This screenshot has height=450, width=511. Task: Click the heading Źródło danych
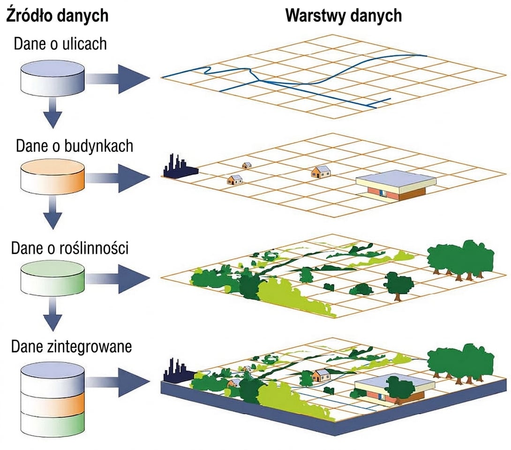[x=57, y=15]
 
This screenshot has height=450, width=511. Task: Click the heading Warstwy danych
[x=344, y=15]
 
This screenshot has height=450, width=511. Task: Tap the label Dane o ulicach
[x=60, y=44]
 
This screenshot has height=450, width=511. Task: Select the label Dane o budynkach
[x=74, y=146]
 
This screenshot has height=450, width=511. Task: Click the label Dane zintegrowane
[x=71, y=346]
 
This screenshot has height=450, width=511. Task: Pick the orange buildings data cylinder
[x=53, y=177]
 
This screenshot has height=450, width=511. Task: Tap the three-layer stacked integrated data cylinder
[x=53, y=400]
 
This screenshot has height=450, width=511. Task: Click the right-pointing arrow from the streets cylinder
[x=117, y=79]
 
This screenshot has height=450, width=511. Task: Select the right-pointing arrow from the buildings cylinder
[x=117, y=178]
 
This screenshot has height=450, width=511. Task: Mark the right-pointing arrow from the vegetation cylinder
[x=117, y=278]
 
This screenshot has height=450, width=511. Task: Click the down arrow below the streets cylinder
[x=53, y=113]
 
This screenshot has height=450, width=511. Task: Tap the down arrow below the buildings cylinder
[x=53, y=213]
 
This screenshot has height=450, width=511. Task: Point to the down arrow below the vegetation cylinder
[x=53, y=314]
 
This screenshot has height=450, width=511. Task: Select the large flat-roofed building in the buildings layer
[x=396, y=185]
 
